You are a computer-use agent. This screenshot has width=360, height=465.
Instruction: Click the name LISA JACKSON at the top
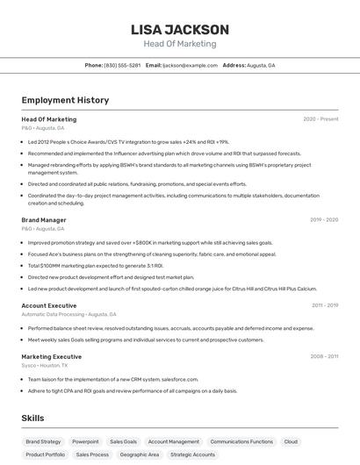tap(179, 29)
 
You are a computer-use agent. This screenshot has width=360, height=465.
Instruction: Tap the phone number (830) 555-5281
tap(122, 65)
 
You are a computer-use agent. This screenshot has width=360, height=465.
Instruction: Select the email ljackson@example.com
tap(190, 65)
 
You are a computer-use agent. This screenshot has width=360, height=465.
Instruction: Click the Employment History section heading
tap(65, 100)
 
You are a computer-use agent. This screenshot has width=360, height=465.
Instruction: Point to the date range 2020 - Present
tap(320, 119)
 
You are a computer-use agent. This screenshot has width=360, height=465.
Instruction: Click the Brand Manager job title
tap(44, 220)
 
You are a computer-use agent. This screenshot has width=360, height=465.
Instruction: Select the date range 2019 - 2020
tap(324, 220)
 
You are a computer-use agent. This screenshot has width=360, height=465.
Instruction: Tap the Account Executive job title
tap(49, 305)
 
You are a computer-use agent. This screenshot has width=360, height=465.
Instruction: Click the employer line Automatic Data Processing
tap(68, 314)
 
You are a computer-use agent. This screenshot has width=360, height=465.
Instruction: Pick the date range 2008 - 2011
tap(324, 357)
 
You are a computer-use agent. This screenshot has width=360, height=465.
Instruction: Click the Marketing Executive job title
tap(52, 357)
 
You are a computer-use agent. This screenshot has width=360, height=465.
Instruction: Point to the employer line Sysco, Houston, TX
tap(47, 365)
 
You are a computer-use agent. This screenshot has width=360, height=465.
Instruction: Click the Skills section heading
tap(33, 419)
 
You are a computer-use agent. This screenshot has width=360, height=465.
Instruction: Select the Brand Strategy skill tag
tap(43, 441)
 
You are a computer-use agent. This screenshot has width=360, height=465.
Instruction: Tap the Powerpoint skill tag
tap(85, 441)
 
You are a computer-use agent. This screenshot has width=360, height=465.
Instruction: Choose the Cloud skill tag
tap(291, 441)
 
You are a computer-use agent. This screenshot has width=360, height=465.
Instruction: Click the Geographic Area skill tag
tap(140, 454)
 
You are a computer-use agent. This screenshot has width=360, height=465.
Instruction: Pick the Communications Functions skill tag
tap(241, 441)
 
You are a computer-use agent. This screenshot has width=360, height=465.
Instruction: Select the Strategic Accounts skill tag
tap(192, 454)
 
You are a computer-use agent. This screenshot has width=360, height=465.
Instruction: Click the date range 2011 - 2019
tap(324, 305)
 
